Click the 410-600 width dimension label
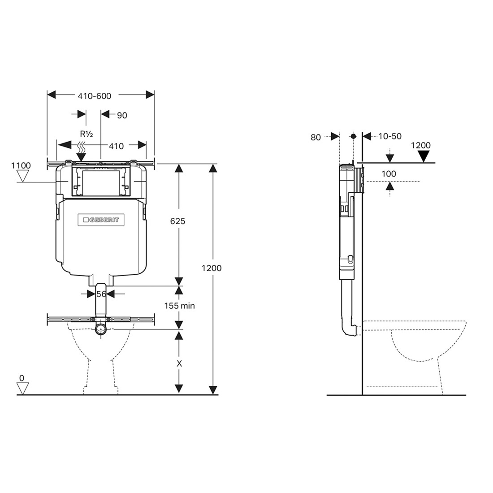(x=94, y=96)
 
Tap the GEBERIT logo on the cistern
(x=101, y=220)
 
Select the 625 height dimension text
(x=177, y=221)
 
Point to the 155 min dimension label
(x=180, y=306)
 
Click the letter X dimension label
(x=179, y=364)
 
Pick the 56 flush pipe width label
(x=101, y=294)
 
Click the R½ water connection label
(x=86, y=134)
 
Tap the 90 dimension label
(x=122, y=115)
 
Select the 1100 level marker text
(x=21, y=166)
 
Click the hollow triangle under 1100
(x=23, y=177)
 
